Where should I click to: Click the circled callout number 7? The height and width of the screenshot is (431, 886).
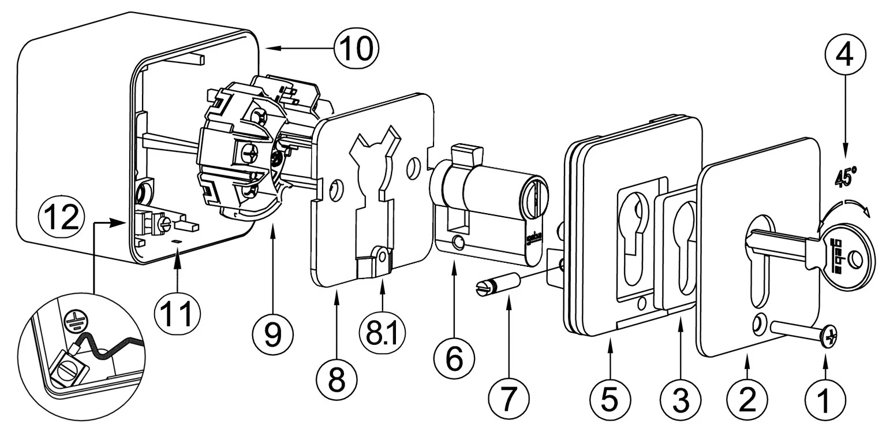pos(509,398)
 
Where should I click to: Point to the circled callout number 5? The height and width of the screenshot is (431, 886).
pos(610,398)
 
